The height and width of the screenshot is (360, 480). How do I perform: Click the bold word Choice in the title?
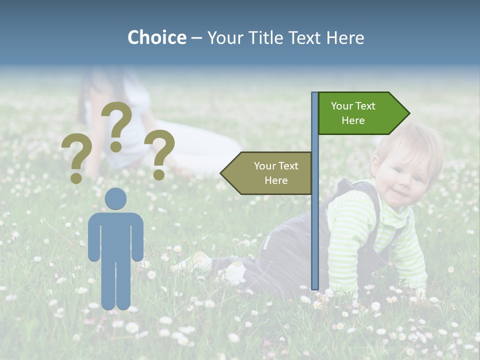click(x=156, y=37)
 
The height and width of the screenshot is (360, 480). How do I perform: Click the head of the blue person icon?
click(x=115, y=198)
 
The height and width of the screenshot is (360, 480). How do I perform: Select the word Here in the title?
click(x=345, y=37)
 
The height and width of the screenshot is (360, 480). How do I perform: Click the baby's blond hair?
click(x=415, y=140)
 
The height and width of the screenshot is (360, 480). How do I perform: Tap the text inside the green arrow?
click(x=353, y=113)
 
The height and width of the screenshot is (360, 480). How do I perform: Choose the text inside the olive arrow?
click(x=276, y=173)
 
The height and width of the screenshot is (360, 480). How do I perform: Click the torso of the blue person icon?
click(x=115, y=235)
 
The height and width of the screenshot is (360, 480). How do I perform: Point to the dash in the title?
click(x=196, y=38)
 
